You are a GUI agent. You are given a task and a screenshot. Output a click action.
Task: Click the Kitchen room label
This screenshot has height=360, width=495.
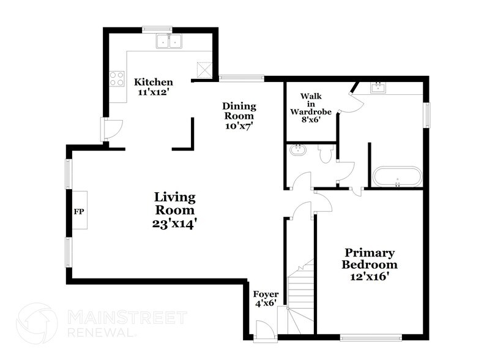point(154,82)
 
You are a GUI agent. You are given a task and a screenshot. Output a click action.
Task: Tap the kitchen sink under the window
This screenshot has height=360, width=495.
point(169,42)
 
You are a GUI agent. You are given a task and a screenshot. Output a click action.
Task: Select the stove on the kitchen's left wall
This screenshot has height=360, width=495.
point(116,78)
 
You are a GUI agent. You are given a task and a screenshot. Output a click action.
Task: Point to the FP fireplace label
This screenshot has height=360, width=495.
point(78,211)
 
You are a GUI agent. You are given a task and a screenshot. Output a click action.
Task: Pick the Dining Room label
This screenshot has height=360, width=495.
point(239,111)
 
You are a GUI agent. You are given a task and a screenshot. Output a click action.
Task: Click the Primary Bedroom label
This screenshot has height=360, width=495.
point(369,258)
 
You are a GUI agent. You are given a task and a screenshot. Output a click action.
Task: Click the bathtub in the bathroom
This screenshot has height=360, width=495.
point(397,176)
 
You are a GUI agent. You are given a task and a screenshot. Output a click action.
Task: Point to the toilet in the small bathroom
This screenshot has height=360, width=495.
point(326,154)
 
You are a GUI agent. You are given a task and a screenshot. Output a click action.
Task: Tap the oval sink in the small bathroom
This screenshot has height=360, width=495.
point(298,151)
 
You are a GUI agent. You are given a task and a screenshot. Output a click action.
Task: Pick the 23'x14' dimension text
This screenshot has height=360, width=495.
point(175,224)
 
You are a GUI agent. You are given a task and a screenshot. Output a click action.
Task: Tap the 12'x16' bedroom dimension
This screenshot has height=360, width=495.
point(369,277)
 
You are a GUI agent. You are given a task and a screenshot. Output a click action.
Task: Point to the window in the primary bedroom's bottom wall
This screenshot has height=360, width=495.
point(371,337)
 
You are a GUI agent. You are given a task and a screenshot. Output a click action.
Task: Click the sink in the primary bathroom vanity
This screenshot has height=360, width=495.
point(379,88)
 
